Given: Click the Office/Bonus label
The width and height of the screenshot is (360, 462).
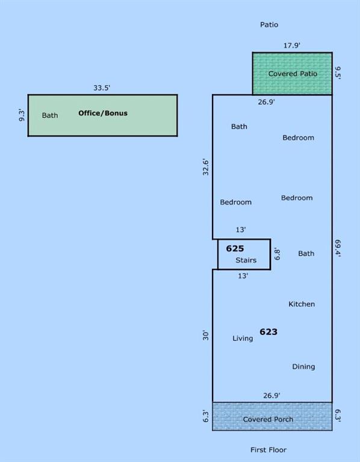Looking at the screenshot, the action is click(103, 113).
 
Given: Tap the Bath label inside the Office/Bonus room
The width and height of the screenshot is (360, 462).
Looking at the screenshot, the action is click(50, 115).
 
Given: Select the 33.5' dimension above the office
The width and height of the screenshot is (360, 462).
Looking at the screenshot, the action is click(102, 88).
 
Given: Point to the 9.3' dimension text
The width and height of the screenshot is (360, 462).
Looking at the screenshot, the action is click(22, 115).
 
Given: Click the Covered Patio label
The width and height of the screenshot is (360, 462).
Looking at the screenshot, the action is click(293, 73).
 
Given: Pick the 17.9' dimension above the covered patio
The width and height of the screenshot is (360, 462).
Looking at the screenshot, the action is click(292, 45).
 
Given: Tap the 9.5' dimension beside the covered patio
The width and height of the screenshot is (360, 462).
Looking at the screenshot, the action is click(338, 72).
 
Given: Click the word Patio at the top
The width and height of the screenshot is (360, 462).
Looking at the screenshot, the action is click(269, 25).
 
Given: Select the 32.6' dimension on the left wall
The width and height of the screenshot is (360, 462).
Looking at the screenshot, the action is click(206, 167).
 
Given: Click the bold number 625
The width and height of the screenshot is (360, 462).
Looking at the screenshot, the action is click(235, 248).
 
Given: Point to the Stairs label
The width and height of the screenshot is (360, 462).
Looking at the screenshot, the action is click(246, 260).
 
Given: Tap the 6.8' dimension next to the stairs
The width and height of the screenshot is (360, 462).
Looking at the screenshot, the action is click(276, 254).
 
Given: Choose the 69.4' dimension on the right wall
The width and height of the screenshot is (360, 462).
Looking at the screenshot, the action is click(338, 248).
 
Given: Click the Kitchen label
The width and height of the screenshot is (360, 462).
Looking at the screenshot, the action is click(302, 304).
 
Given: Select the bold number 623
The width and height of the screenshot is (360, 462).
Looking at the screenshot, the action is click(268, 332).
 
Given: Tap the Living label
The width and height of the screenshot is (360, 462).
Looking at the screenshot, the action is click(243, 338).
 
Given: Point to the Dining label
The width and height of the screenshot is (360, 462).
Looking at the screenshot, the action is click(303, 366).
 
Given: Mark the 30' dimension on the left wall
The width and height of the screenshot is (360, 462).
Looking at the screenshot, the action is click(206, 335).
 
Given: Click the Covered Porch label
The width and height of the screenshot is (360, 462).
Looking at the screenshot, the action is click(268, 419).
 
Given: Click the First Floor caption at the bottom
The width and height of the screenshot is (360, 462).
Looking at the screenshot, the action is click(268, 450).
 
